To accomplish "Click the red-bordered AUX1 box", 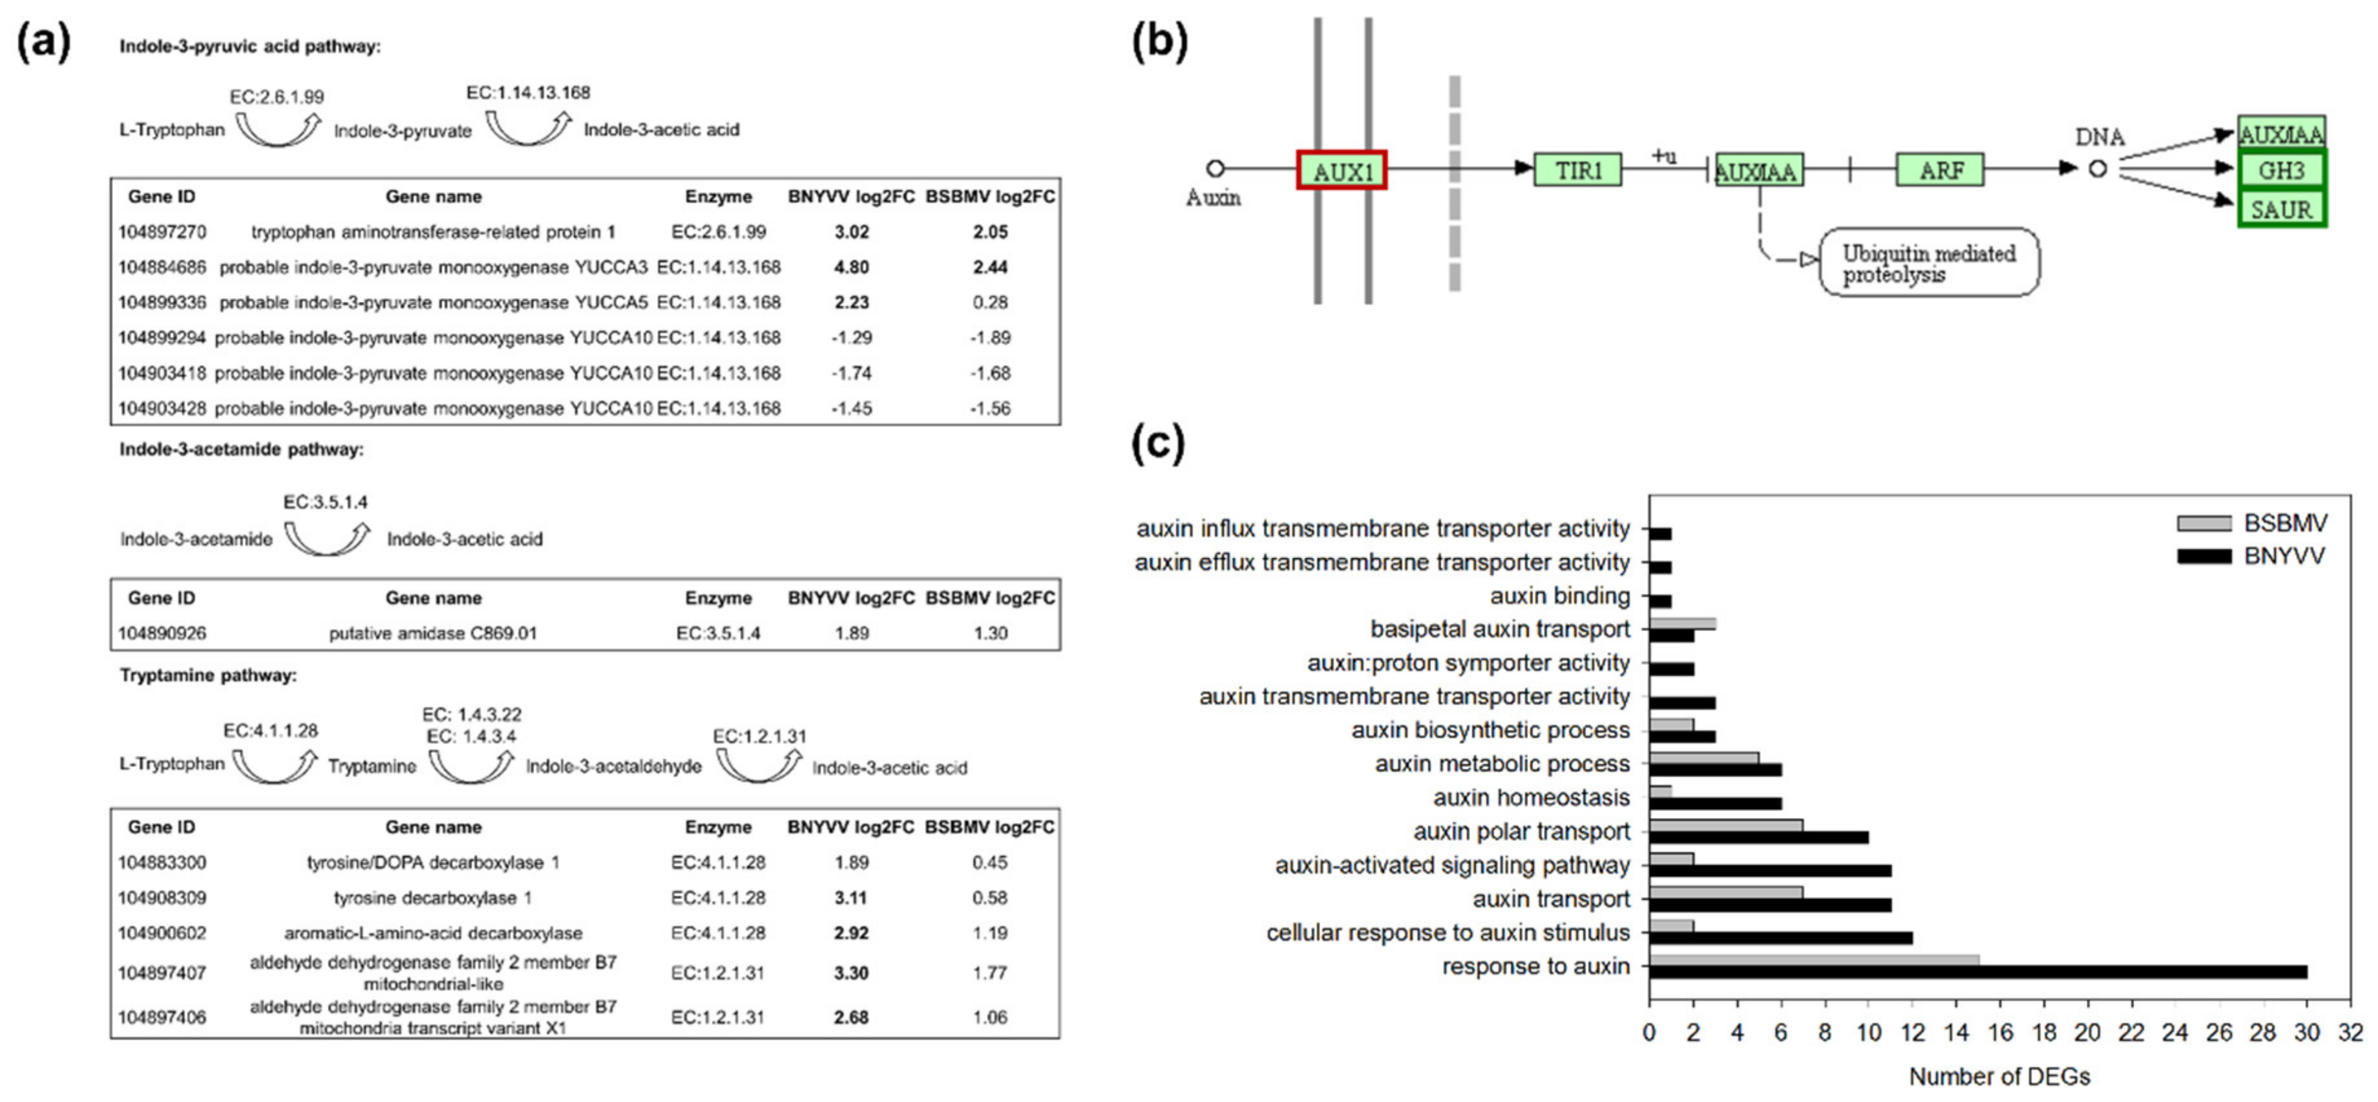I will [x=1342, y=171].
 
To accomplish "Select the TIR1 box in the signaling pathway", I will [x=1577, y=170].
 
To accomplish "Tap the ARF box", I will [x=1939, y=170].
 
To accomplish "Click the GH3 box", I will [x=2281, y=170].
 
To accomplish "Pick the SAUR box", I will [x=2281, y=209].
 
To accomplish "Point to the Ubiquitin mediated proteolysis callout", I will [x=1928, y=263].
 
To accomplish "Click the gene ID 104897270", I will [x=162, y=232].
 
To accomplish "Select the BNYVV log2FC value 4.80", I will [x=851, y=267].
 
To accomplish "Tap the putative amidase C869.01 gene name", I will [x=432, y=634].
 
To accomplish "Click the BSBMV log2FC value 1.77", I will [x=989, y=973].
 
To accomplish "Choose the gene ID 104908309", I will [x=162, y=898].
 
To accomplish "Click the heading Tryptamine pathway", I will [x=207, y=675].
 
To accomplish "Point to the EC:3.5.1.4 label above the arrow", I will [x=325, y=502].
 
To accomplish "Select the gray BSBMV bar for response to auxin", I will [x=1813, y=960].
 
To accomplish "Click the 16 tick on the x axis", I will [x=1999, y=1032].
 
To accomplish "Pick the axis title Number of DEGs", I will [x=1999, y=1076].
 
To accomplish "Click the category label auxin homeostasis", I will [x=1531, y=797].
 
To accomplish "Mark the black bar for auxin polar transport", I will [x=1758, y=837].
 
